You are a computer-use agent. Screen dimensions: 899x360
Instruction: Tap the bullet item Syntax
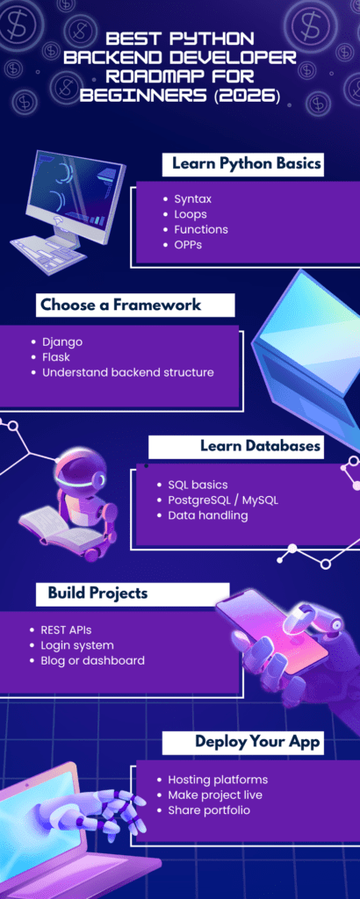pos(192,198)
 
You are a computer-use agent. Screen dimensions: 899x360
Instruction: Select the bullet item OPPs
pos(189,244)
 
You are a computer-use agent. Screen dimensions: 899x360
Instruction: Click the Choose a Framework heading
pos(120,305)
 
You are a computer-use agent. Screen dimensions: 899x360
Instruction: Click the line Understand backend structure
pos(127,372)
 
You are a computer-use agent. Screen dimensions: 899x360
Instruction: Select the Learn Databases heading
pos(260,446)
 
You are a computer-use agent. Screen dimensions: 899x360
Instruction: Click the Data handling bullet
pos(207,515)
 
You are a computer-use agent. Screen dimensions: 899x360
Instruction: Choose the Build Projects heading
pos(97,593)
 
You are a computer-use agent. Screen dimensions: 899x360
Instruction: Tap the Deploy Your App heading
pos(257,742)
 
